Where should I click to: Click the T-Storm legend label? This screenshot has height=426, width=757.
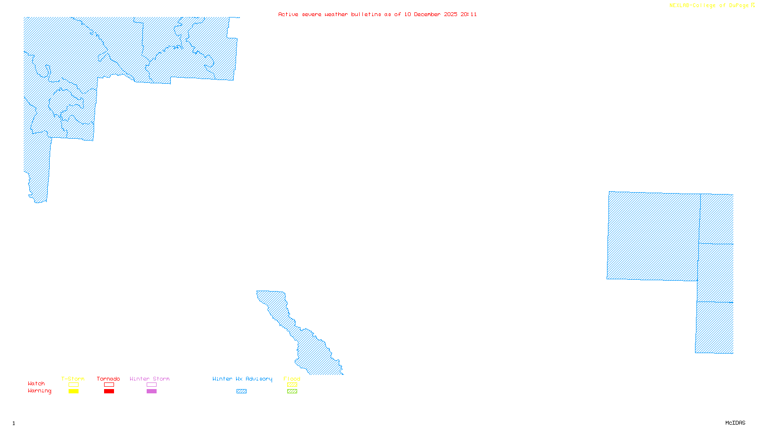click(x=73, y=379)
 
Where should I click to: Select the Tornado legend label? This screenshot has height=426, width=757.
click(x=108, y=379)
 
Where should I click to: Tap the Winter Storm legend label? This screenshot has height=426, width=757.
click(x=150, y=379)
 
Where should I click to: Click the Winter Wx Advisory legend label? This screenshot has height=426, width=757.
click(x=242, y=379)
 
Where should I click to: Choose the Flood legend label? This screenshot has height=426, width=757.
click(x=292, y=379)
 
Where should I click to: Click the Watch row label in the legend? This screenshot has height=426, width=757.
click(x=36, y=383)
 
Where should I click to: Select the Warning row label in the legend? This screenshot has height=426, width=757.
click(x=40, y=391)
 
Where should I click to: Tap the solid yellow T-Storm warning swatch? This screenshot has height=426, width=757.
click(x=73, y=391)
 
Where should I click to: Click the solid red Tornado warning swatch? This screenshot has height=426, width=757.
click(x=109, y=391)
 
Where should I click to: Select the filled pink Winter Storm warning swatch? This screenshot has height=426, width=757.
click(x=151, y=391)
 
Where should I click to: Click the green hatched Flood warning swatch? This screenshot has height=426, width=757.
click(x=292, y=391)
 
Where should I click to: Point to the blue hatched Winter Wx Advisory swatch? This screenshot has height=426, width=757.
click(x=241, y=391)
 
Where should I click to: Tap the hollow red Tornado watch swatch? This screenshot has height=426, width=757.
click(x=109, y=385)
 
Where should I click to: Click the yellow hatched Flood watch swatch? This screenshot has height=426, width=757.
click(x=292, y=385)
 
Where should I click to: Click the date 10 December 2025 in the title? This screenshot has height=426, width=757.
click(x=431, y=14)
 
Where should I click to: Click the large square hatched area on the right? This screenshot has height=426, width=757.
click(x=653, y=236)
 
